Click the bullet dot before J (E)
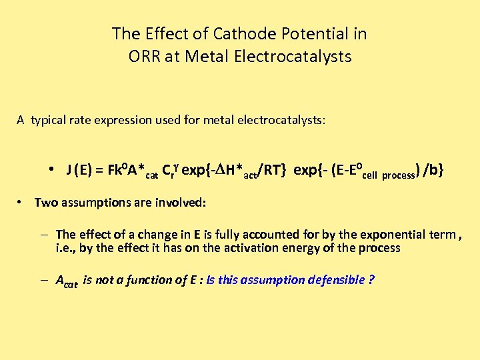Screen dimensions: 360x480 click(51, 171)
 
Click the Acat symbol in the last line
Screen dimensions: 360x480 click(67, 281)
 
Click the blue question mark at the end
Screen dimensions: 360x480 click(371, 280)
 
